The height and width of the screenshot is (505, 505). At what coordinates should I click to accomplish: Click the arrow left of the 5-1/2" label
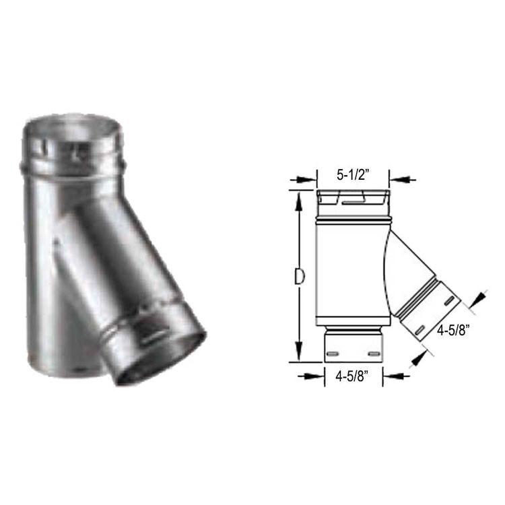coord(302,180)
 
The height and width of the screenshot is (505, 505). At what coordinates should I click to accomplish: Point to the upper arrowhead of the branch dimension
coord(481,297)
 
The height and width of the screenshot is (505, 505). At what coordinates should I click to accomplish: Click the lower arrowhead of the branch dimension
coord(421,357)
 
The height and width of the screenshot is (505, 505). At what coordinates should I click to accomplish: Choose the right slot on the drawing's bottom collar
coord(373,352)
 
